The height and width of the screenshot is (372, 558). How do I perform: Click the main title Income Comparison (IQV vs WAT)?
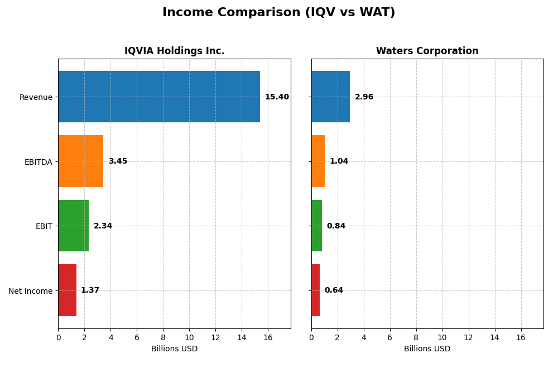pyautogui.click(x=278, y=12)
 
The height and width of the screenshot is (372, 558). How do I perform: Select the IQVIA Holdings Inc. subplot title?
pyautogui.click(x=174, y=51)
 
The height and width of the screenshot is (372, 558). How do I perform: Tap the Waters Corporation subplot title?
pyautogui.click(x=427, y=51)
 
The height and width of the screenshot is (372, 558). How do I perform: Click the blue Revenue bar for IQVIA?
pyautogui.click(x=159, y=97)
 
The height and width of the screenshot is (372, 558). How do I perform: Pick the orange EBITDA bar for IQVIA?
pyautogui.click(x=81, y=161)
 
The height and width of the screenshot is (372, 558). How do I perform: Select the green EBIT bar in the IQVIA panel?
pyautogui.click(x=74, y=226)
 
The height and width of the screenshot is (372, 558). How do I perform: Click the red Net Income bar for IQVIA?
pyautogui.click(x=68, y=290)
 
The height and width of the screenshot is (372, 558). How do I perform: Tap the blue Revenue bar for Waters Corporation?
pyautogui.click(x=330, y=97)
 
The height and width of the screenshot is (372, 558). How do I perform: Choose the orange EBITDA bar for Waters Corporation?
pyautogui.click(x=318, y=161)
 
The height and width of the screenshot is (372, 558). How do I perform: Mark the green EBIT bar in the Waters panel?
pyautogui.click(x=316, y=226)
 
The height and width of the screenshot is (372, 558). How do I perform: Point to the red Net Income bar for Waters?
pyautogui.click(x=315, y=290)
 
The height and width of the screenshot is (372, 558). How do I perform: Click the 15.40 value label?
pyautogui.click(x=277, y=97)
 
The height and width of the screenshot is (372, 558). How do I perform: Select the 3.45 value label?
pyautogui.click(x=118, y=161)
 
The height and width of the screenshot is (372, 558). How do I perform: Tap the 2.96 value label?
pyautogui.click(x=364, y=97)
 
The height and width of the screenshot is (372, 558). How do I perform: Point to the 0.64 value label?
pyautogui.click(x=334, y=290)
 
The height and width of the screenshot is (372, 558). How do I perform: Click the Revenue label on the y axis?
pyautogui.click(x=36, y=97)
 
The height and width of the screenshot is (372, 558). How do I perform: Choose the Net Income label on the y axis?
pyautogui.click(x=31, y=291)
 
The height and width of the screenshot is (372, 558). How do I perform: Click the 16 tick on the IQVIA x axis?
pyautogui.click(x=268, y=337)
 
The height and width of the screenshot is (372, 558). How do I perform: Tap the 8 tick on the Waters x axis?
pyautogui.click(x=416, y=337)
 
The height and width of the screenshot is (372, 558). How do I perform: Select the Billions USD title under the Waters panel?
pyautogui.click(x=427, y=349)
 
